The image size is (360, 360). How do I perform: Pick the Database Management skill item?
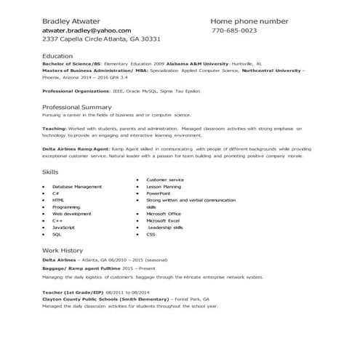click(77, 186)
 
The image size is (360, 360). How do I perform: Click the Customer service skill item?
click(165, 179)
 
